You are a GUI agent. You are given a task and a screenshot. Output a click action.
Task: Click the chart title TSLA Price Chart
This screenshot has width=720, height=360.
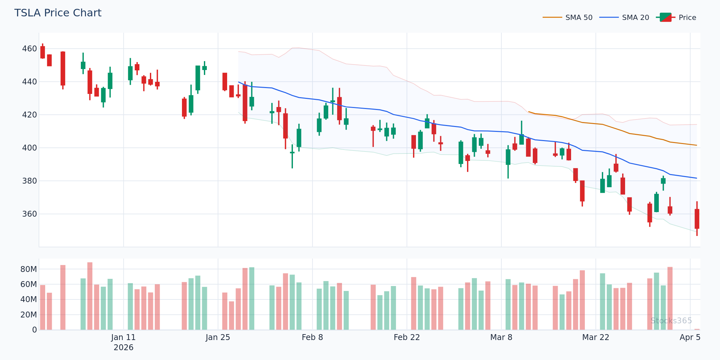coord(58,13)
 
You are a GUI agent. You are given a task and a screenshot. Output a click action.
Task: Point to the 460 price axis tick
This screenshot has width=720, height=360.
coord(29,49)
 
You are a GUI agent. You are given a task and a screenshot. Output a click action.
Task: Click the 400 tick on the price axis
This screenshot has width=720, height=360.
coord(29,148)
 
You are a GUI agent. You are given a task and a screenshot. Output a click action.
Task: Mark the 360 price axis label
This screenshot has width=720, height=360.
coord(29,214)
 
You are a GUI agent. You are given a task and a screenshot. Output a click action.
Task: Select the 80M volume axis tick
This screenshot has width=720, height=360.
coord(29,269)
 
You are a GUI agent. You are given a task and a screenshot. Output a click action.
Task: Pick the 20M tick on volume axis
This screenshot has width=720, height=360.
coord(29,315)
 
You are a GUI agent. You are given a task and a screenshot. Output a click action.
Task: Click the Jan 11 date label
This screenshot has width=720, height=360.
coord(123,337)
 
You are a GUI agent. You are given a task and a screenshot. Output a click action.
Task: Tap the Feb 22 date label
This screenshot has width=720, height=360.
coord(406,337)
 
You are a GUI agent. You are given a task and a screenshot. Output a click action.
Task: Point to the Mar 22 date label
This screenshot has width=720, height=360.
coord(595,337)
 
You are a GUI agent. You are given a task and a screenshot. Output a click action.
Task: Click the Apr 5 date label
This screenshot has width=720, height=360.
coord(690,337)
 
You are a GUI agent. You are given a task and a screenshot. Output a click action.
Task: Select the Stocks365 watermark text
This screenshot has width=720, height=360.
coord(671,321)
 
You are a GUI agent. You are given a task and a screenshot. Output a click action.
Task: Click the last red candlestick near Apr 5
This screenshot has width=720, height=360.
coord(697,219)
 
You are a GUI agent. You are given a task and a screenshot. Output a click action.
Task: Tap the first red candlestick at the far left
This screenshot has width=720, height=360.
coord(43,52)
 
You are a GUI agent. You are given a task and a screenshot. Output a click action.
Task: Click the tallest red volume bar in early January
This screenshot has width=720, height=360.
coord(90,296)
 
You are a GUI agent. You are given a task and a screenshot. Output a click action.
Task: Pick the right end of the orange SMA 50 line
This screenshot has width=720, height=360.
coord(697,145)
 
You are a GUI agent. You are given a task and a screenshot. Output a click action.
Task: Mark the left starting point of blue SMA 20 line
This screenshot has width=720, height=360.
coord(239,82)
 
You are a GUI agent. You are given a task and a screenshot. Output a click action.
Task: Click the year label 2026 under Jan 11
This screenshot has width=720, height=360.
coord(123,348)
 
